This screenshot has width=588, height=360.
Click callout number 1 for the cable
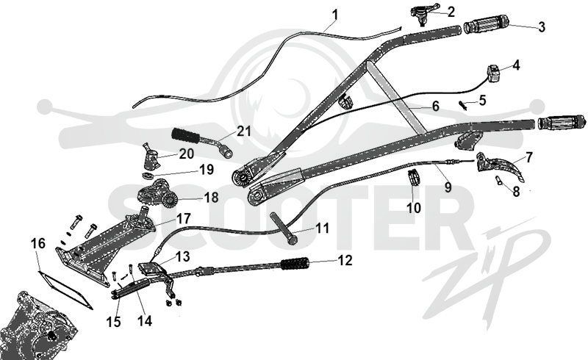click(x=335, y=15)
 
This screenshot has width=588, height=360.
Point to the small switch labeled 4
click(x=494, y=73)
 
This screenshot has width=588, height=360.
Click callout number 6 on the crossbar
click(x=435, y=106)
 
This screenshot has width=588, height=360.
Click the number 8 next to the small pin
click(x=517, y=191)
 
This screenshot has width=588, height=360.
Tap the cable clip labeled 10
click(x=414, y=176)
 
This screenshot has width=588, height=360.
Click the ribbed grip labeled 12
click(x=295, y=263)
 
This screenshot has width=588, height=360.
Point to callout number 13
click(x=182, y=257)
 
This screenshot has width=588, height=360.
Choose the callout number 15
click(x=114, y=322)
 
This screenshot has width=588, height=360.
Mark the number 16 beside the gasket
click(x=38, y=243)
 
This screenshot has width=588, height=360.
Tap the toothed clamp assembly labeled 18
click(x=158, y=194)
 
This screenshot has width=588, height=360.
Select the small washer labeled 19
click(x=148, y=176)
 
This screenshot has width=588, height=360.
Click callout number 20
click(x=187, y=154)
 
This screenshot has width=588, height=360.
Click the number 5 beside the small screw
click(x=482, y=100)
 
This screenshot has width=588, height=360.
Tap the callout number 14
click(x=145, y=321)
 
